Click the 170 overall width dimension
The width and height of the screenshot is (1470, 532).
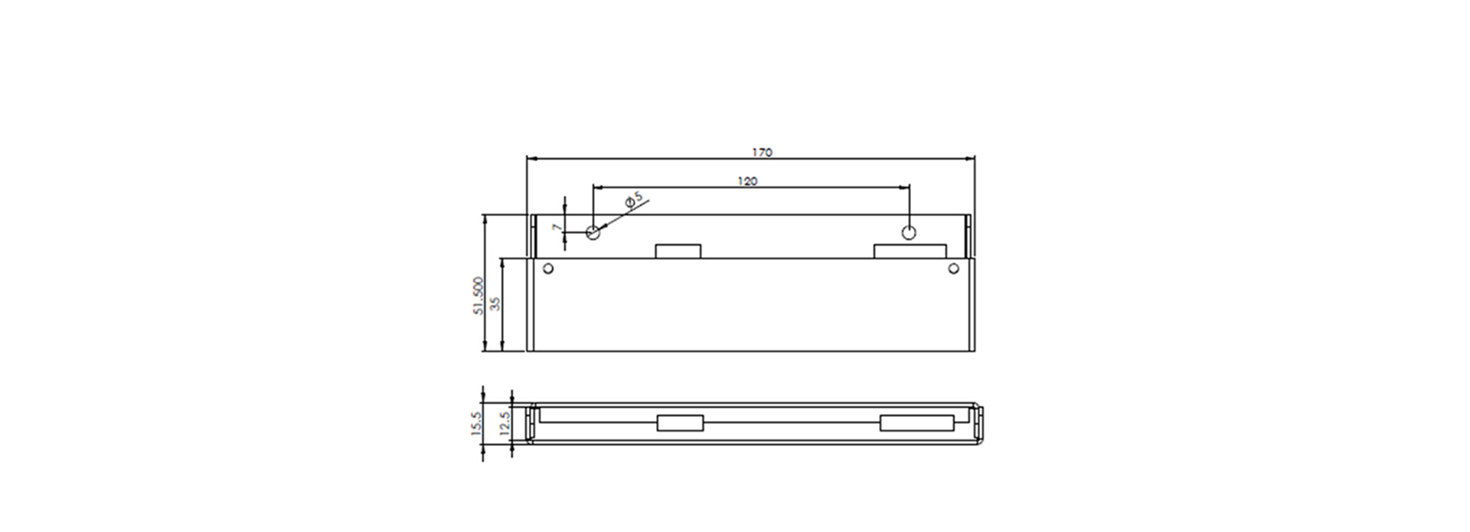[762, 153]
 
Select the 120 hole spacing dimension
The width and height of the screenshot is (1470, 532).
[747, 181]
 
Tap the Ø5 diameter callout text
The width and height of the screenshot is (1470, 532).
[634, 199]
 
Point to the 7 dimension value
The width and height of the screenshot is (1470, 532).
[557, 228]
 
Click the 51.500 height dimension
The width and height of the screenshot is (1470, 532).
[479, 296]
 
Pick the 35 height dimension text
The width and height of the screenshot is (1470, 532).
[495, 303]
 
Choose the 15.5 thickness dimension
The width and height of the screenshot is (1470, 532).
[475, 422]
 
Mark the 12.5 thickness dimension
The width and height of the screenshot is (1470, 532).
[504, 422]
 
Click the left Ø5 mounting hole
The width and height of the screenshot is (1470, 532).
[593, 232]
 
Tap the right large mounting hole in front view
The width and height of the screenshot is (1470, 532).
[909, 232]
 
